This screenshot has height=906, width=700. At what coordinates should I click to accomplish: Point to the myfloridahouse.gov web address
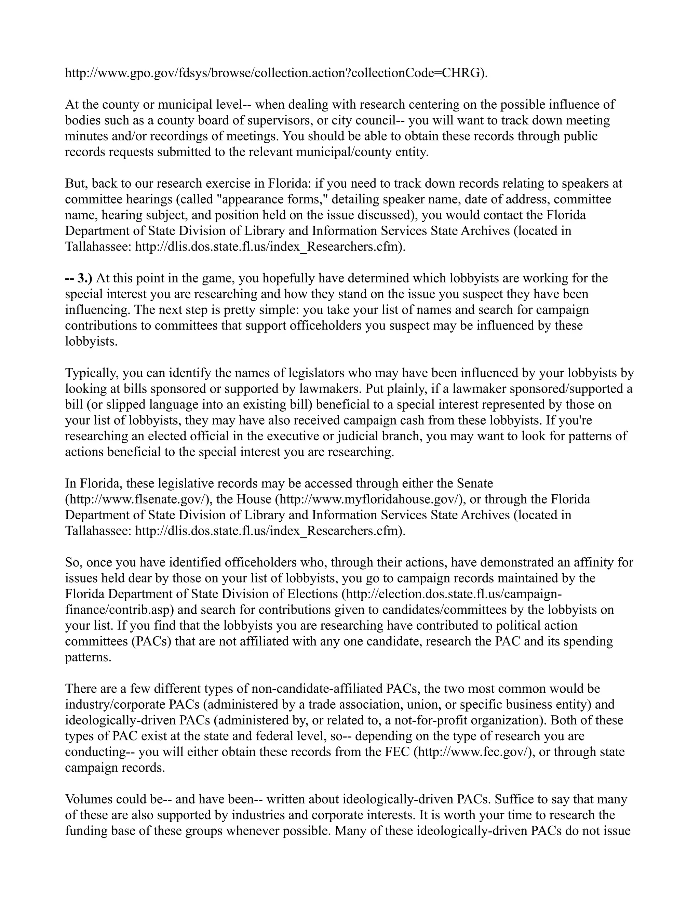[x=369, y=499]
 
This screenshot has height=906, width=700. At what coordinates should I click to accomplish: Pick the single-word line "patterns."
[x=88, y=657]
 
